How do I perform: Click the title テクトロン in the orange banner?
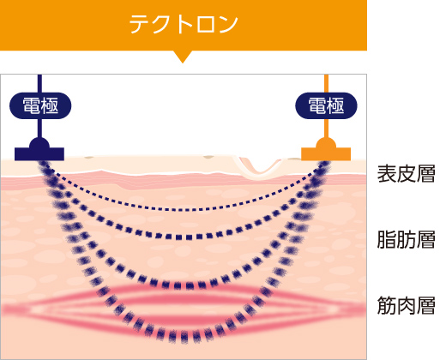[x=184, y=25]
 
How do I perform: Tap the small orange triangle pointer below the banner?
[x=183, y=57]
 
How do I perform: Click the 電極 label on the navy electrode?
[x=40, y=105]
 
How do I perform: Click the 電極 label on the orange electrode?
[x=326, y=105]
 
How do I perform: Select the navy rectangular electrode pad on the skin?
[x=39, y=154]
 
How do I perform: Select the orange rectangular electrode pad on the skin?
[x=326, y=154]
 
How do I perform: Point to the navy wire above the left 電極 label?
[x=39, y=83]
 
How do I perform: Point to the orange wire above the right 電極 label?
[x=326, y=83]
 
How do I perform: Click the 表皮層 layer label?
[x=406, y=173]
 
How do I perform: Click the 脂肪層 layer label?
[x=406, y=239]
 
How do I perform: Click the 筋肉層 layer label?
[x=406, y=305]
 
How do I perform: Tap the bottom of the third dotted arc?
[x=183, y=285]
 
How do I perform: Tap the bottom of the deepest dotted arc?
[x=183, y=337]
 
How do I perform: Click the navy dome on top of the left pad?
[x=39, y=143]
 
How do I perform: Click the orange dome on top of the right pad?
[x=326, y=143]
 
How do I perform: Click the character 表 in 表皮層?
[x=387, y=173]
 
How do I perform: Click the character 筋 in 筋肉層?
[x=387, y=305]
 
